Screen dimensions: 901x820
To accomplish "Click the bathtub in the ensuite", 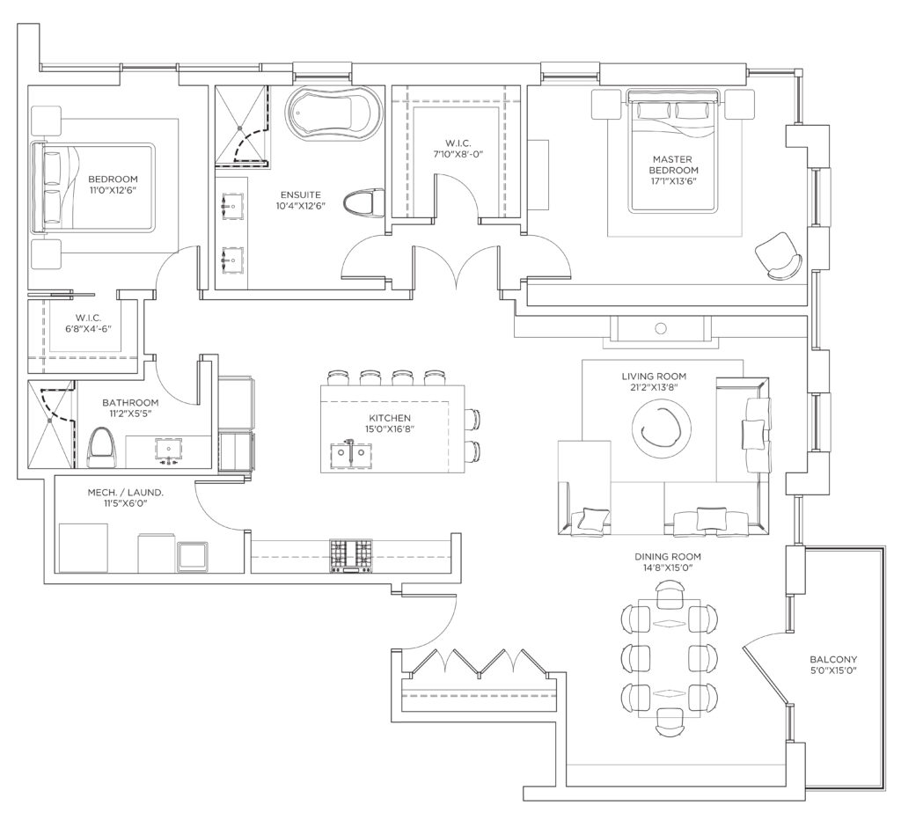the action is point(335,113).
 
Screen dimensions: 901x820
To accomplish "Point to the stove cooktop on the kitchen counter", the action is point(350,556).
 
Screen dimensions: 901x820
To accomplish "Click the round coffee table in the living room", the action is point(662,428).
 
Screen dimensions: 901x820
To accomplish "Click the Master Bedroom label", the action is point(673,165).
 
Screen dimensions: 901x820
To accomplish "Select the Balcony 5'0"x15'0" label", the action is point(833,665).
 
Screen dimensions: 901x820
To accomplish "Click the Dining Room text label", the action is point(668,556).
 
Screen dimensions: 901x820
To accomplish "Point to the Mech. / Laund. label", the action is point(125,493).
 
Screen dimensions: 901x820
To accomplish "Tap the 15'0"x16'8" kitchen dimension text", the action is point(390,428).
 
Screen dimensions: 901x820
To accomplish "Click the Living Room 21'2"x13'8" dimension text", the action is point(654,387).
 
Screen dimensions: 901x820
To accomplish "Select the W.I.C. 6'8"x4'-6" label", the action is point(88,324).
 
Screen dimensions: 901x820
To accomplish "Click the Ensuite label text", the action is point(301,194).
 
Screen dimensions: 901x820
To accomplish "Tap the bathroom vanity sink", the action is point(169,447).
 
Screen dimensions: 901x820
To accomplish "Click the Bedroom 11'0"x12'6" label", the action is point(113,185).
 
